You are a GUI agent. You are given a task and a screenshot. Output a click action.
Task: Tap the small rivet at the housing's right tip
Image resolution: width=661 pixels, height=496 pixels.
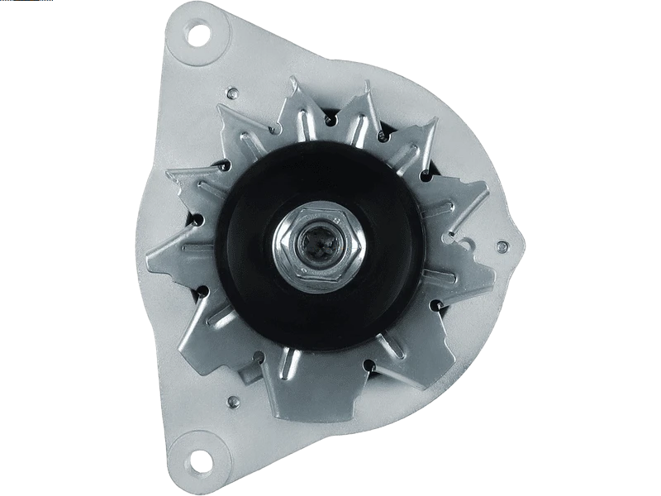[x=502, y=247]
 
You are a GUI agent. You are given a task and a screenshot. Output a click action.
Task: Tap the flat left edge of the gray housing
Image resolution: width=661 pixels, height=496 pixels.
[x=140, y=248]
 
